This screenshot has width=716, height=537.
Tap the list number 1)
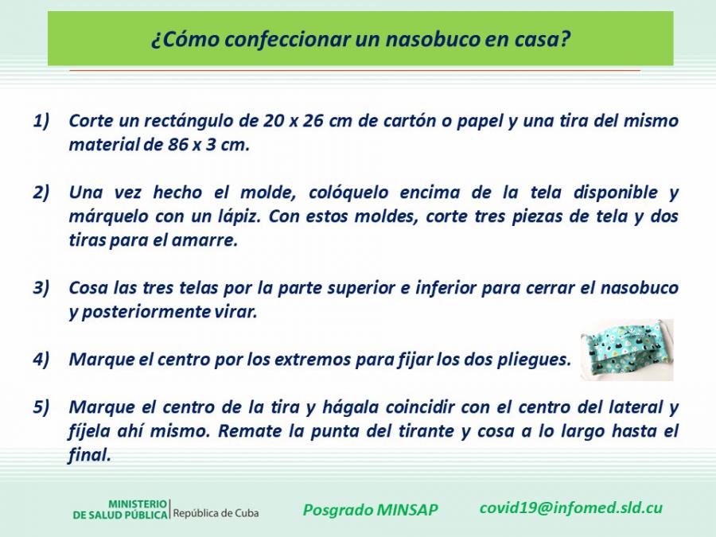click(41, 121)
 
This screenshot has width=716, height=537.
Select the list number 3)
click(41, 288)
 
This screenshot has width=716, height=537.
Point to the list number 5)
click(41, 407)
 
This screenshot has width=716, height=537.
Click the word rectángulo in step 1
click(188, 122)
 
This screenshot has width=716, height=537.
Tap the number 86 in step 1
click(177, 145)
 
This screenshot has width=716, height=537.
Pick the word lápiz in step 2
click(239, 216)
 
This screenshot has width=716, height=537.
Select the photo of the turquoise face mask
click(627, 350)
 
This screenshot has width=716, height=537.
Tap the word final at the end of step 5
click(89, 455)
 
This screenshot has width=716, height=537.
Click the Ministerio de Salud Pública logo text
click(120, 510)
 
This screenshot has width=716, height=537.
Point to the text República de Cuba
click(216, 513)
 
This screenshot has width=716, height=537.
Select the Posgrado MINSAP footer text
click(370, 510)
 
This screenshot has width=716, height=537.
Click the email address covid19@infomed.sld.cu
click(570, 508)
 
